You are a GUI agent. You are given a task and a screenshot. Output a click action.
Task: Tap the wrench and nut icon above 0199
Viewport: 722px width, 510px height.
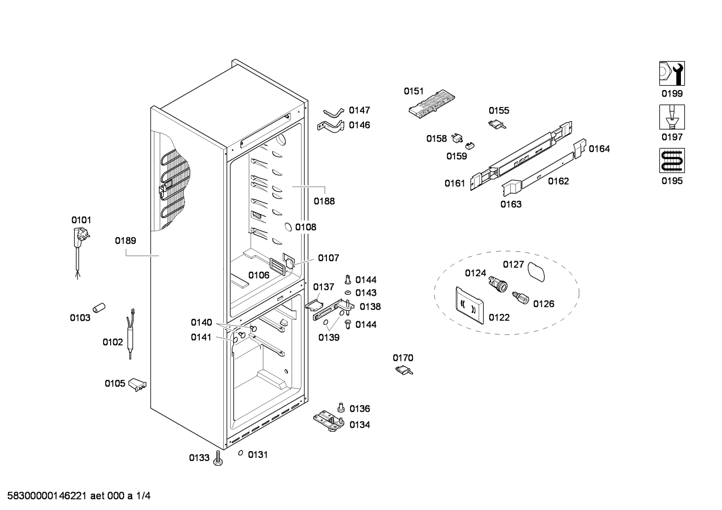[672, 73]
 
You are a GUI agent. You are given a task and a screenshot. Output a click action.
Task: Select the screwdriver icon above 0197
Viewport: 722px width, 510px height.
[672, 117]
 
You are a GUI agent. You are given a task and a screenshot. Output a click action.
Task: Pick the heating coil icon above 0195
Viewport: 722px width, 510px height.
[672, 161]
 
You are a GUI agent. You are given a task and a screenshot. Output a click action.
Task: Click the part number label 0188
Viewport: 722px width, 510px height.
[324, 201]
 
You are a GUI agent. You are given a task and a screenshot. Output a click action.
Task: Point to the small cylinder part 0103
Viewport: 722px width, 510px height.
[99, 308]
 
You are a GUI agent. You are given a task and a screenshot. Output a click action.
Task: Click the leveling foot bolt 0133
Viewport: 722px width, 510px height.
[218, 458]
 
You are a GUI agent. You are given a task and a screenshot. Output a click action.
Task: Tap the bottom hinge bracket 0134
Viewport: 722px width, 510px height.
[329, 421]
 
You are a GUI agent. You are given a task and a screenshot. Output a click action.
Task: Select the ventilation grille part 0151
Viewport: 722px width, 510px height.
[432, 104]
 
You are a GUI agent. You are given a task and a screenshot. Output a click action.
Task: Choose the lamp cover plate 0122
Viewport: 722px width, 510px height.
[470, 305]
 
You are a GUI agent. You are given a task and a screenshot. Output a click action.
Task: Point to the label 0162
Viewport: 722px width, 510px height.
[559, 181]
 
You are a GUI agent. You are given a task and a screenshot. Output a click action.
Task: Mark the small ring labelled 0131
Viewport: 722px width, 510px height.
[240, 453]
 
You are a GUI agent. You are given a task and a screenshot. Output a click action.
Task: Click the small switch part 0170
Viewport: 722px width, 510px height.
[404, 370]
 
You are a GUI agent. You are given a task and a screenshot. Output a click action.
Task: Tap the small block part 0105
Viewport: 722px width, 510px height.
[137, 385]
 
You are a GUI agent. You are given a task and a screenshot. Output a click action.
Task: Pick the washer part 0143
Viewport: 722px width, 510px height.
[348, 292]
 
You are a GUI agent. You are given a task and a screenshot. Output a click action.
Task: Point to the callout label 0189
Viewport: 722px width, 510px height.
[125, 241]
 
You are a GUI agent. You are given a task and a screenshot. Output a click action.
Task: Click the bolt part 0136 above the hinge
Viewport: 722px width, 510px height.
[341, 407]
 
